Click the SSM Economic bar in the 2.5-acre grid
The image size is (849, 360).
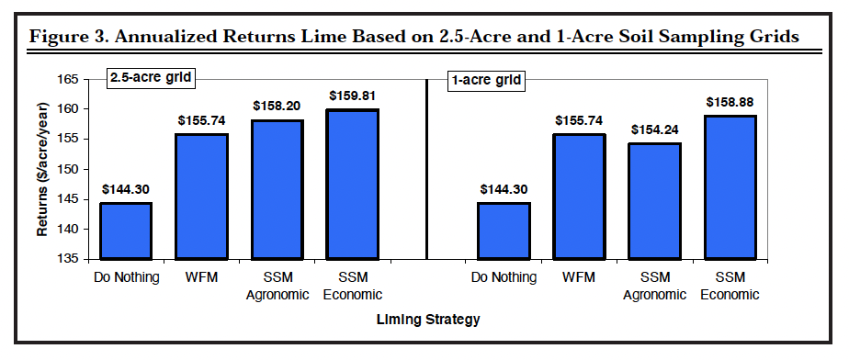[353, 185]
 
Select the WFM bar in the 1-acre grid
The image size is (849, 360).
[579, 197]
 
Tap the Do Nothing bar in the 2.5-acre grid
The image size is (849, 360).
[127, 231]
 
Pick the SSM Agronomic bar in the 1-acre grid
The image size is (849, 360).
[654, 201]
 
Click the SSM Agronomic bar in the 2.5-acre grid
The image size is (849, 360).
[277, 189]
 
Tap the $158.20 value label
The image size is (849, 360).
[277, 105]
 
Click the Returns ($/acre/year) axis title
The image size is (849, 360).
[43, 170]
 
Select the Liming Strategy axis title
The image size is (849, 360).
[428, 320]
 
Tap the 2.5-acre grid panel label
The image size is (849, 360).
[151, 78]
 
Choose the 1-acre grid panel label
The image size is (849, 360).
[486, 80]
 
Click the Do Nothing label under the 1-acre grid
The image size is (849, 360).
[503, 277]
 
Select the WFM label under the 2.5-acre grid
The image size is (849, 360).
[202, 277]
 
